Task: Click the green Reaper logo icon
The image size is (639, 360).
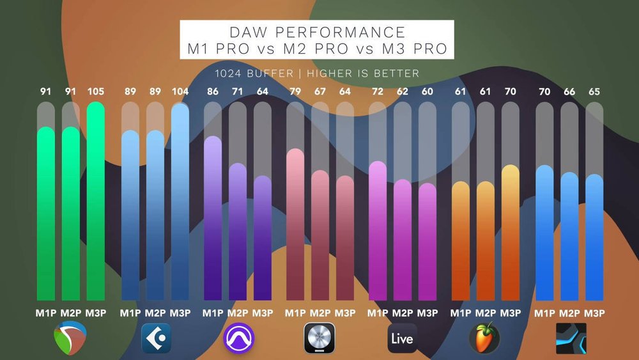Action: (x=71, y=337)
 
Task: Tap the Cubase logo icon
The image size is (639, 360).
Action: (x=155, y=337)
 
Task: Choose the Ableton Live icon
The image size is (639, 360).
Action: (x=402, y=338)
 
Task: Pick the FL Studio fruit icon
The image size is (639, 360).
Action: (x=484, y=337)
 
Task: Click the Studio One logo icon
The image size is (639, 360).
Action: (x=571, y=338)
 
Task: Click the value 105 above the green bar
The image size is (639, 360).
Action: (x=95, y=91)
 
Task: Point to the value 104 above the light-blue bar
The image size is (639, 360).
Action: (x=180, y=91)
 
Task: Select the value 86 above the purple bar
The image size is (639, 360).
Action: (x=212, y=91)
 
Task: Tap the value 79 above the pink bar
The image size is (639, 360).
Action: (x=295, y=91)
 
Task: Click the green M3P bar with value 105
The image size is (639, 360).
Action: (x=95, y=205)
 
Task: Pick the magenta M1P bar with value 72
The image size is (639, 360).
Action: (x=378, y=230)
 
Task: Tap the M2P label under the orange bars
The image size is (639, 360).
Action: (x=485, y=313)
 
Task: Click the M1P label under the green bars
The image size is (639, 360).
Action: (x=46, y=313)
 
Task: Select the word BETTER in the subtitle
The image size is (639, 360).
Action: (x=399, y=74)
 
